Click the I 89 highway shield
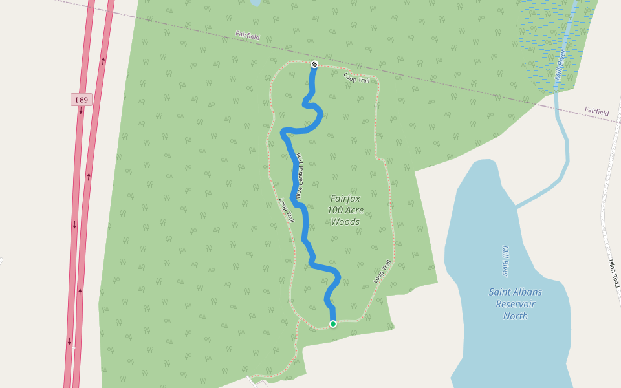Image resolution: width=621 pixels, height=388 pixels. point(81,100)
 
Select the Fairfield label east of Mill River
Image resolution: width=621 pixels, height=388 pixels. point(596,112)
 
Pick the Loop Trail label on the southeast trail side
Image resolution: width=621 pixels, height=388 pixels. point(383,271)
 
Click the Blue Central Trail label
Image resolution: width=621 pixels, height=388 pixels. point(300,175)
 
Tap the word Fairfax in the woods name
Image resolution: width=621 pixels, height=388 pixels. point(345,199)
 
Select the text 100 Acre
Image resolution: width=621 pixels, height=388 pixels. point(345,210)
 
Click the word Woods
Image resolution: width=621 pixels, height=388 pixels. point(345,222)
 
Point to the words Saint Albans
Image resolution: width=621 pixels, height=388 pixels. point(515,292)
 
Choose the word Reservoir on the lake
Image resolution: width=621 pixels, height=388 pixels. point(515,304)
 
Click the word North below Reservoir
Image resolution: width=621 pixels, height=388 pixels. point(515,316)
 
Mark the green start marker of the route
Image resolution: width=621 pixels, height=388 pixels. point(333,324)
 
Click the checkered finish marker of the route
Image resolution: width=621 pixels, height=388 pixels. point(314,64)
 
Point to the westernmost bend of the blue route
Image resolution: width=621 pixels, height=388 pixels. point(283,133)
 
